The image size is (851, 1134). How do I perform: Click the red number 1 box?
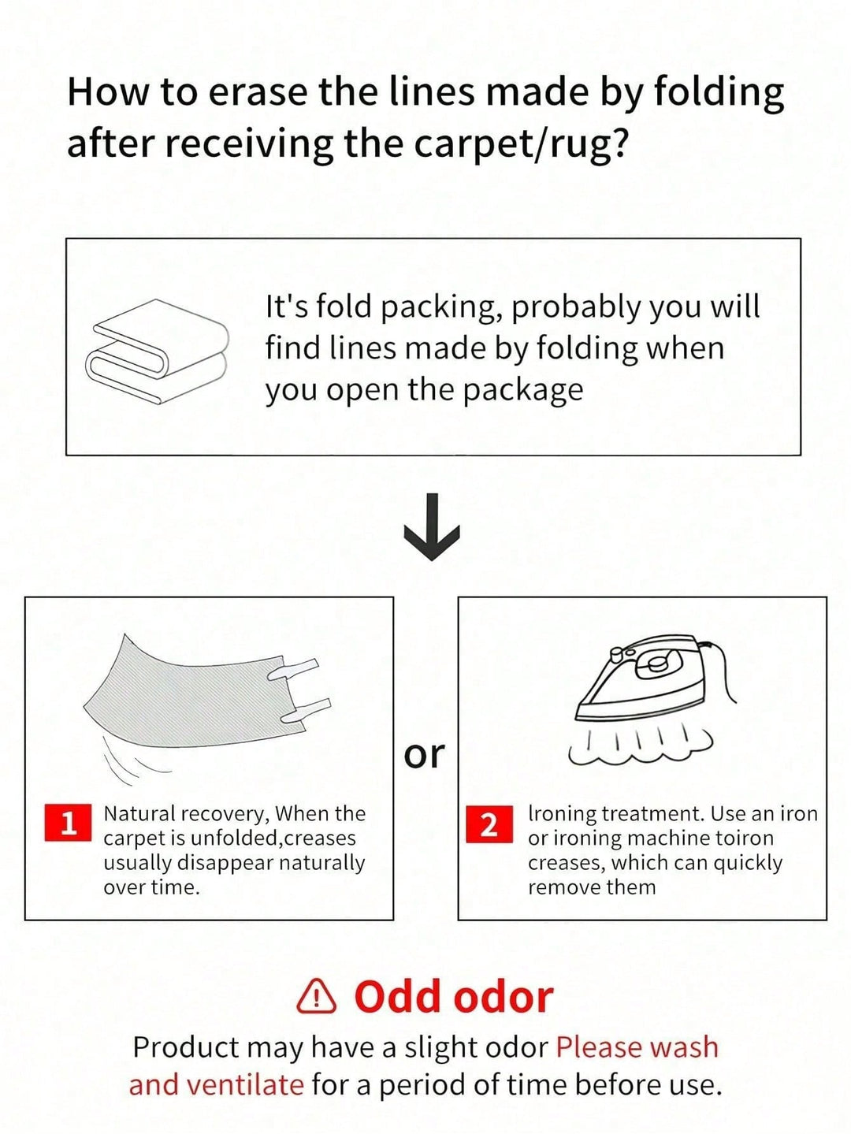(69, 822)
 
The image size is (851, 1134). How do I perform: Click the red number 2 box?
(489, 824)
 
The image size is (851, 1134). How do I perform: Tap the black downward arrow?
(432, 526)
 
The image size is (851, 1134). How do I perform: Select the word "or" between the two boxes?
(424, 755)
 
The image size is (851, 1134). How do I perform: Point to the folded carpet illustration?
(157, 351)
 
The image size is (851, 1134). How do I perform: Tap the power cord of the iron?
(720, 671)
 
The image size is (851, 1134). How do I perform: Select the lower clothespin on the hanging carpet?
(306, 709)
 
